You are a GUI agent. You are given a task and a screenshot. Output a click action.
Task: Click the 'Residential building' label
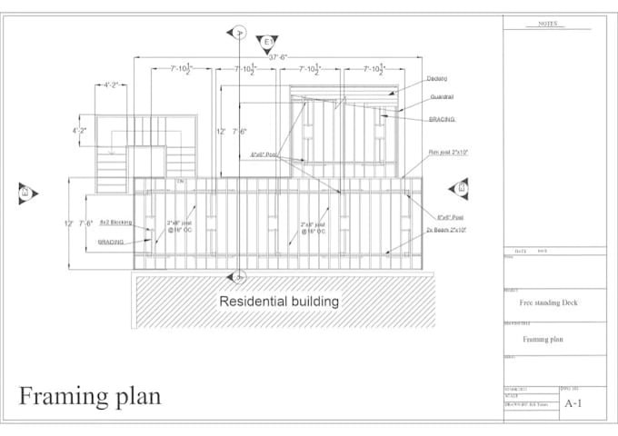tap(279, 301)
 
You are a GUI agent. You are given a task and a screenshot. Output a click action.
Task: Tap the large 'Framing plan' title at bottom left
tap(91, 396)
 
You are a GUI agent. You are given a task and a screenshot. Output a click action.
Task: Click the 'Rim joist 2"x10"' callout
tap(448, 153)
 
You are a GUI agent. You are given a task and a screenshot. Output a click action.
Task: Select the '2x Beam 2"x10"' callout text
tap(448, 231)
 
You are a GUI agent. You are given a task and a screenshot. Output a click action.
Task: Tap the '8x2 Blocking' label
tap(115, 222)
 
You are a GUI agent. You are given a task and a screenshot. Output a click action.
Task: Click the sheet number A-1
tap(574, 402)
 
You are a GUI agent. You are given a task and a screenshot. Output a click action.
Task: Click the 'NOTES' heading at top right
tap(548, 25)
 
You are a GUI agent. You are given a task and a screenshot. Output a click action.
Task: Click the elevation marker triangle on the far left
tap(25, 192)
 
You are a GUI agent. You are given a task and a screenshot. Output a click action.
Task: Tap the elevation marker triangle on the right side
tap(459, 188)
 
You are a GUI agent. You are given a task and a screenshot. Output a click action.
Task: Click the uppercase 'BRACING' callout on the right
tap(442, 119)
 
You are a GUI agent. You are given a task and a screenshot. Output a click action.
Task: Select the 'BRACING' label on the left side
tap(111, 243)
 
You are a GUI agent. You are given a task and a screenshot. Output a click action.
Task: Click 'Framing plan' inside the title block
tap(543, 339)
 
